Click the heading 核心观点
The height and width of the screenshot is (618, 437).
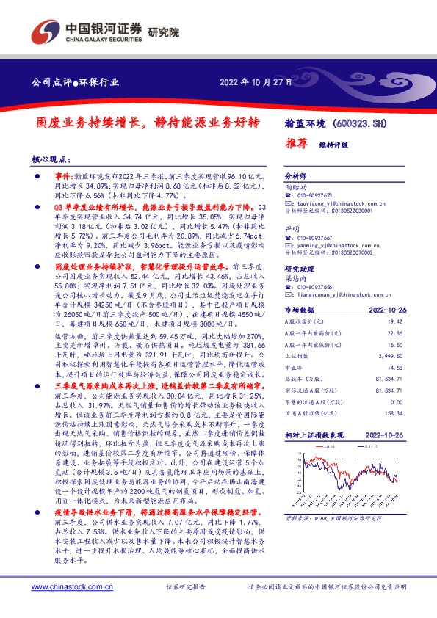(x=52, y=159)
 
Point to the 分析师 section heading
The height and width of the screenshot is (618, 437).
(x=295, y=178)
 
